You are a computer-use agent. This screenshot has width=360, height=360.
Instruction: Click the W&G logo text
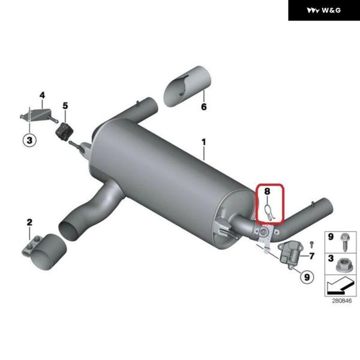click(331, 10)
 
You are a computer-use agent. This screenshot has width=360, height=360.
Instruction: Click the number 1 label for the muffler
click(203, 142)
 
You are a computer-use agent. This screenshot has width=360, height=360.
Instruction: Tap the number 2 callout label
click(29, 222)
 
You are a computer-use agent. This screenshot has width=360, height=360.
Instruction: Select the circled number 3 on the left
click(29, 140)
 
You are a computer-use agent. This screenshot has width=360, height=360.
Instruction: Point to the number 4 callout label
click(42, 95)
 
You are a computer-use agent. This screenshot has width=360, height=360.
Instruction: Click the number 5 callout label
click(65, 106)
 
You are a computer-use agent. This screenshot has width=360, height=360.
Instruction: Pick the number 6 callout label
click(204, 107)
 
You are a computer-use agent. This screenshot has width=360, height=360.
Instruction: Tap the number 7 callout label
click(312, 256)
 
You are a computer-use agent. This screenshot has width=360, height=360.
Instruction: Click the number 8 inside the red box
click(267, 191)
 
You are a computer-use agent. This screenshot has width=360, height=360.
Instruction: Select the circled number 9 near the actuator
click(307, 277)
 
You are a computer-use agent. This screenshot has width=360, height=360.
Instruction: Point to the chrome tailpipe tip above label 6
click(187, 86)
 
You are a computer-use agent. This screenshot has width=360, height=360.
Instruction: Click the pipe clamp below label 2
click(44, 252)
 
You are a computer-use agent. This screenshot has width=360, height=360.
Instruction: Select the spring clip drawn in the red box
click(269, 212)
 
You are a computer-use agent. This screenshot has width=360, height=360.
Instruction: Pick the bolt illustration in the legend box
click(344, 242)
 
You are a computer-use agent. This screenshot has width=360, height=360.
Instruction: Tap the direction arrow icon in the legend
click(340, 286)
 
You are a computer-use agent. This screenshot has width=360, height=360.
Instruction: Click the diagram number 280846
click(341, 301)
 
